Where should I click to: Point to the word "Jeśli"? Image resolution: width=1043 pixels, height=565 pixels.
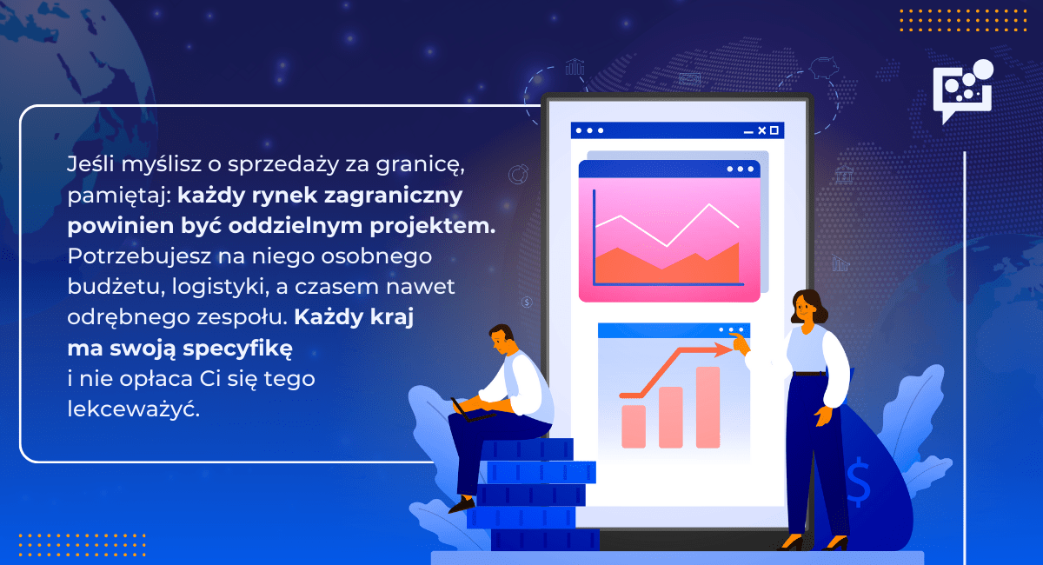point(87,163)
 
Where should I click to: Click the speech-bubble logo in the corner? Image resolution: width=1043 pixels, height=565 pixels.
point(961,88)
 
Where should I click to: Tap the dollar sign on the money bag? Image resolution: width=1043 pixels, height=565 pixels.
point(858,483)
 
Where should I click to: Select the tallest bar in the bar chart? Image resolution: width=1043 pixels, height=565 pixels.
point(708,407)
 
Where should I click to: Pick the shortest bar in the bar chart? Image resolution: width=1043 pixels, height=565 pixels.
point(634,426)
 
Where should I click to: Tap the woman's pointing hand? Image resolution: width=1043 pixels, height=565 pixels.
point(740,343)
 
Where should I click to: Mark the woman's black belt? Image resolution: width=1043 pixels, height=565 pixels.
point(808,374)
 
